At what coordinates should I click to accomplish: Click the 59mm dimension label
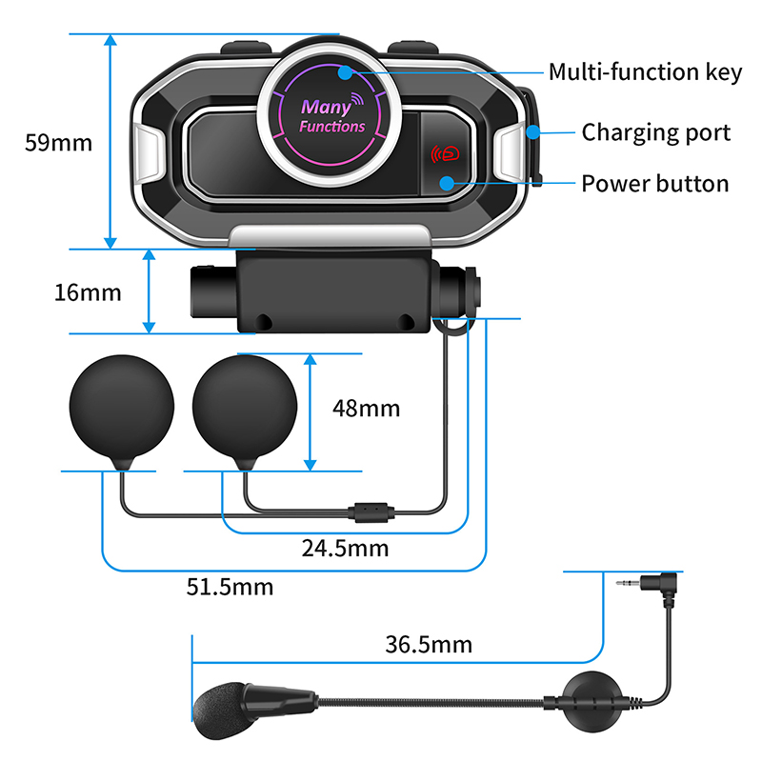(x=58, y=143)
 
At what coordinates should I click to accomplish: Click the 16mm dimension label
(x=87, y=292)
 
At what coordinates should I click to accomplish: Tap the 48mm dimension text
(x=366, y=409)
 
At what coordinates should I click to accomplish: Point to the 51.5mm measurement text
(x=230, y=586)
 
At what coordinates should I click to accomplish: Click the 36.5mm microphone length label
(x=429, y=645)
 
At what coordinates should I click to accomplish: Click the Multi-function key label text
(x=645, y=73)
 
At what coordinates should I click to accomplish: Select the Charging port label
(x=656, y=132)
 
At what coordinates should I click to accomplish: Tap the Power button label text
(x=655, y=183)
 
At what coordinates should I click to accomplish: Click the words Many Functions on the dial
(x=331, y=116)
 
